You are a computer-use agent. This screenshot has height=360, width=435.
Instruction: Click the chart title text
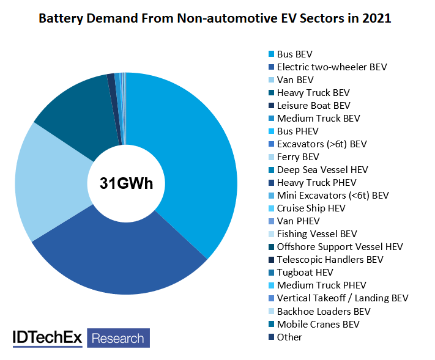point(215,18)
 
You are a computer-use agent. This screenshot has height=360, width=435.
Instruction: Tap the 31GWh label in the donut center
point(127,183)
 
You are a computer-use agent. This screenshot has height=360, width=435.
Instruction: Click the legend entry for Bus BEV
point(294,54)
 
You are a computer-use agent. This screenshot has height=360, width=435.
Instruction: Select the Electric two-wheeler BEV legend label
point(331,67)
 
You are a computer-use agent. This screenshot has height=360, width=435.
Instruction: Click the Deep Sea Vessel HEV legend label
point(322,169)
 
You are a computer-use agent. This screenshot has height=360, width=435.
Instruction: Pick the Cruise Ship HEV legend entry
point(311,208)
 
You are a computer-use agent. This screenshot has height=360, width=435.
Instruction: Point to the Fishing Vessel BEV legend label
point(316,233)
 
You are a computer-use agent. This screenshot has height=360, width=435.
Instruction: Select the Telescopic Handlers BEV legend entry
point(330,259)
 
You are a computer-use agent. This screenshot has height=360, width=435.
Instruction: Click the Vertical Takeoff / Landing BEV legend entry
point(342,298)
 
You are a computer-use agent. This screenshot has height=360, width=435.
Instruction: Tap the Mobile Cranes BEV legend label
point(318,324)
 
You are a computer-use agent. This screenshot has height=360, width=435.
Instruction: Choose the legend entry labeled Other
point(289,337)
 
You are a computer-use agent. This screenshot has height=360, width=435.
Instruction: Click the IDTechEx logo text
point(48,337)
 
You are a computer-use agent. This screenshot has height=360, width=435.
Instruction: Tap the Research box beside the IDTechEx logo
point(118,338)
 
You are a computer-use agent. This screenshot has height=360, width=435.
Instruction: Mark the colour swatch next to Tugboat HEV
point(271,273)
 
